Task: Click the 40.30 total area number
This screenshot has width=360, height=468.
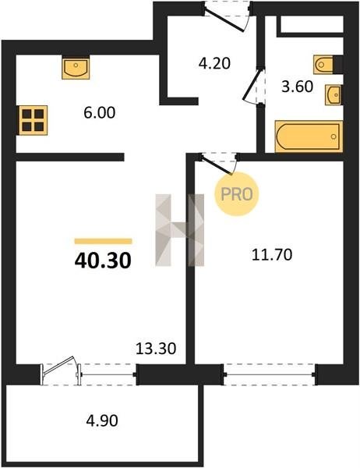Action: click(103, 261)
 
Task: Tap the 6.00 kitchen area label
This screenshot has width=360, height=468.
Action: click(99, 113)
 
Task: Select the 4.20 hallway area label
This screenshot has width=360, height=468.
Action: click(214, 64)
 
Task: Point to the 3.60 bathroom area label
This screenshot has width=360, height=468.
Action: click(298, 87)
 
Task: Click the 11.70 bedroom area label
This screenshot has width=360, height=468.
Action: click(272, 255)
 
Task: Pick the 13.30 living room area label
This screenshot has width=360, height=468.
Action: click(156, 349)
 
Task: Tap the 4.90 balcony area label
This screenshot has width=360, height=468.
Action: click(102, 421)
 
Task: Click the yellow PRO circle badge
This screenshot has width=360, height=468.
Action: click(237, 194)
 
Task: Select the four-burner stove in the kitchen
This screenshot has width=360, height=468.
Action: click(33, 120)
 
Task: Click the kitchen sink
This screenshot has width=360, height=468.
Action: click(76, 68)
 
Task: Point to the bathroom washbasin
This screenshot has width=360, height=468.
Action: click(334, 95)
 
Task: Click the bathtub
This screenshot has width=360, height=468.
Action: click(309, 136)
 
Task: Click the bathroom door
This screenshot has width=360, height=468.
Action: click(253, 85)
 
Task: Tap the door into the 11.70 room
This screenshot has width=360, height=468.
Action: click(219, 163)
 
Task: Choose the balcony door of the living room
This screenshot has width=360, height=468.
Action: click(61, 370)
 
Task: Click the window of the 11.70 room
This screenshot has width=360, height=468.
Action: click(270, 374)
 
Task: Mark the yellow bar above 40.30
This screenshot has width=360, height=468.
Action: click(103, 241)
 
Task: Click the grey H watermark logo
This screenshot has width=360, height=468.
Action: click(180, 230)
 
